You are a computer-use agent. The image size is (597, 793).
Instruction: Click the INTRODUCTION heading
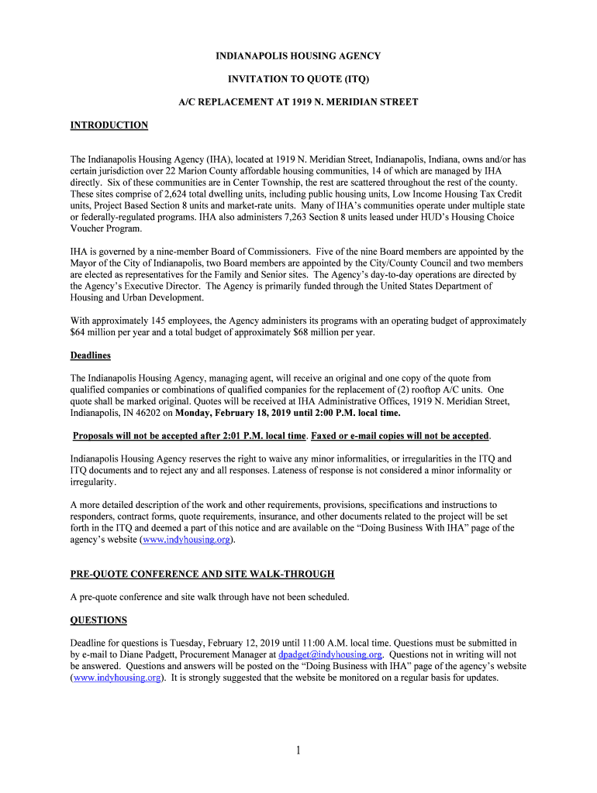pos(109,125)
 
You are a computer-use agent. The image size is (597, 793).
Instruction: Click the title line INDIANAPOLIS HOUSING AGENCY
pos(298,57)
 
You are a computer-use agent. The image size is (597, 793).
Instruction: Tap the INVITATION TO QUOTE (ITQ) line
pos(298,79)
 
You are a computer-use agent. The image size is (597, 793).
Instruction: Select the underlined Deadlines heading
pos(91,355)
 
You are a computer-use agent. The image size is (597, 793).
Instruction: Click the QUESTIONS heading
pos(98,620)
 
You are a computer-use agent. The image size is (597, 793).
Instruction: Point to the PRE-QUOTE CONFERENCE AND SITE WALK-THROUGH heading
pos(202,575)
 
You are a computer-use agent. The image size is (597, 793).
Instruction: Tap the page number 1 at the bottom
pos(298,750)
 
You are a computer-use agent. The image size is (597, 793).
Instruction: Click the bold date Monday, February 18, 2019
pos(229,413)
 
